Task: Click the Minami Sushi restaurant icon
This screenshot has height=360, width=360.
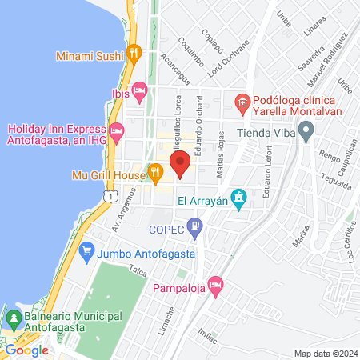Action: point(134,55)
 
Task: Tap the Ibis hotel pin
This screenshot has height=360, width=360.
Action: point(141,92)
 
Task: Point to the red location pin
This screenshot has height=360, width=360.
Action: point(180,163)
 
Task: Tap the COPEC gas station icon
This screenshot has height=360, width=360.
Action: point(194,227)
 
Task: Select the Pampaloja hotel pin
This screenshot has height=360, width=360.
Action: point(214,285)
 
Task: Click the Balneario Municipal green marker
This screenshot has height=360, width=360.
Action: point(13,318)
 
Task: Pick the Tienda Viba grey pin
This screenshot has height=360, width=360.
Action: point(306,133)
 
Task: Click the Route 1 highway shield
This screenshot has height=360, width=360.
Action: point(110,194)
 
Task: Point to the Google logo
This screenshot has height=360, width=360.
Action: point(26,350)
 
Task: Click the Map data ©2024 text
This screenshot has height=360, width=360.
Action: point(325,354)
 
